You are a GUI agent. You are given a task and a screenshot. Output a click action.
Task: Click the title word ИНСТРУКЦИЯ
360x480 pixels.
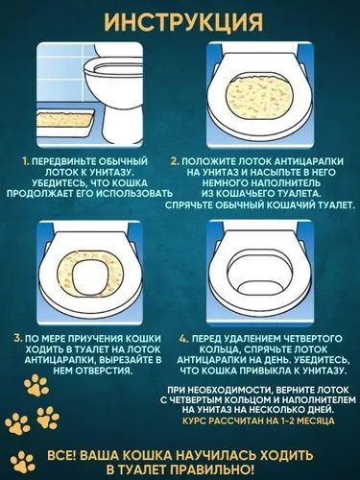tap(180, 21)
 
